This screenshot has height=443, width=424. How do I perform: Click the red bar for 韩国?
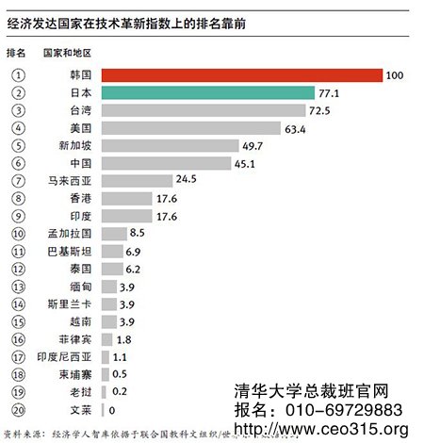(241, 74)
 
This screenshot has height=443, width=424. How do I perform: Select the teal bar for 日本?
(207, 92)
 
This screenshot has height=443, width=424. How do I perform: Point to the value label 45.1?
(248, 163)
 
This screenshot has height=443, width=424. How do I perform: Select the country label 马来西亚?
(69, 180)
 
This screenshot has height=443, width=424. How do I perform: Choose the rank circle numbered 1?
(17, 74)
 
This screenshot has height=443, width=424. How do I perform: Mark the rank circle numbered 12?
(17, 269)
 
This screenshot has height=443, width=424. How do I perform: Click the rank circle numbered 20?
(17, 410)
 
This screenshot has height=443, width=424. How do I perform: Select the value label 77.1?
(330, 92)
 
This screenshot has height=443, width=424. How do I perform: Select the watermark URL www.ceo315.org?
(320, 430)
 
